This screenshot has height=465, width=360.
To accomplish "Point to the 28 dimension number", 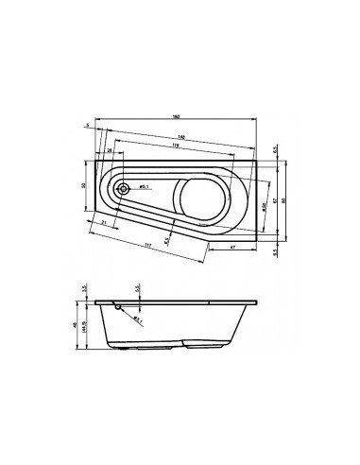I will point(110,150).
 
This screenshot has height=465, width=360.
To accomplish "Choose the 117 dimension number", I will point(148,248).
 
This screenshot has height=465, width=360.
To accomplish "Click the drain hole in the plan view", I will point(122,188).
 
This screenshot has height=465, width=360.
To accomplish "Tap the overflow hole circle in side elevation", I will point(116,305).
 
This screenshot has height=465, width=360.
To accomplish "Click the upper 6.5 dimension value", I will point(275,149).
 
